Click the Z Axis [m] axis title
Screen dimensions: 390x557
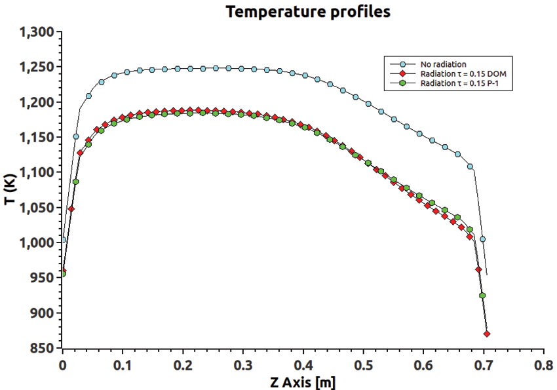tap(302, 380)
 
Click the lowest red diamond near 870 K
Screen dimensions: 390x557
tap(487, 334)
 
